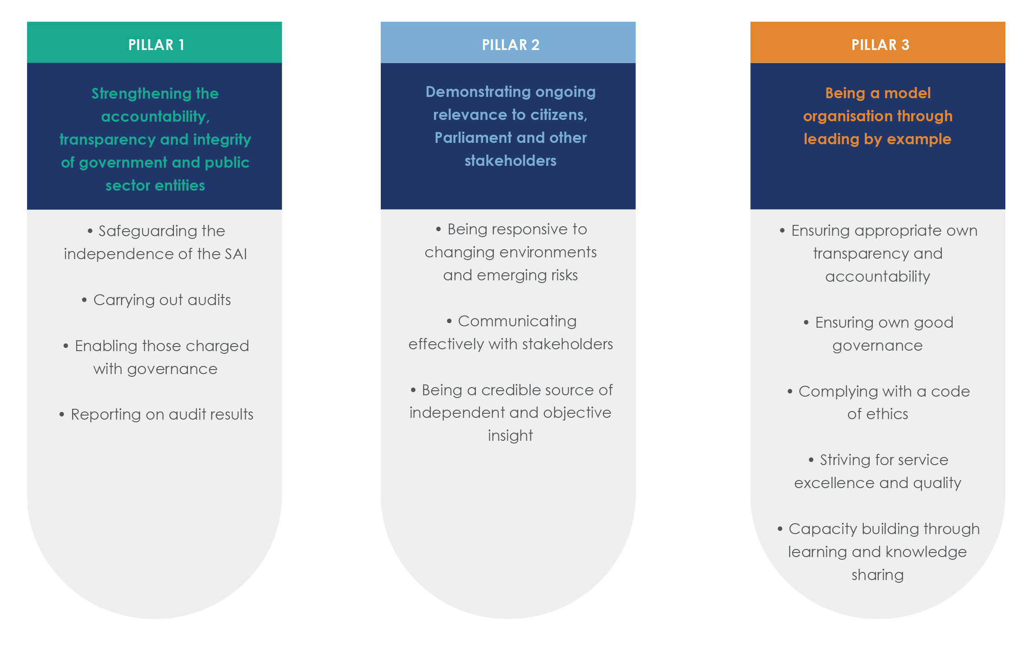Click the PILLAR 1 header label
tap(156, 45)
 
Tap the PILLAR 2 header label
tap(510, 45)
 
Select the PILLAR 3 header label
tap(880, 45)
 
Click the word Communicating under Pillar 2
tap(517, 321)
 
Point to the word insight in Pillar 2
tap(510, 436)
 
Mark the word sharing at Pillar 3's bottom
tap(877, 575)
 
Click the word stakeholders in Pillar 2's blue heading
tap(510, 161)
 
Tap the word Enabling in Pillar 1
tap(106, 346)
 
